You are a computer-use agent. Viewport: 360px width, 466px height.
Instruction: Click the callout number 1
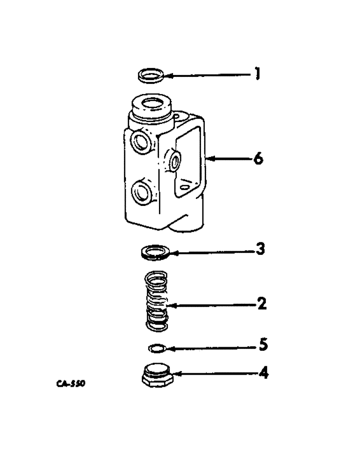point(256,75)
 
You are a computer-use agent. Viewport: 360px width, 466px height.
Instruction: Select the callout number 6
point(257,159)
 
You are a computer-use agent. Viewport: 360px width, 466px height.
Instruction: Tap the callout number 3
point(261,250)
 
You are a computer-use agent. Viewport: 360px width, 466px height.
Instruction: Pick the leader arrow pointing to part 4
point(215,374)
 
